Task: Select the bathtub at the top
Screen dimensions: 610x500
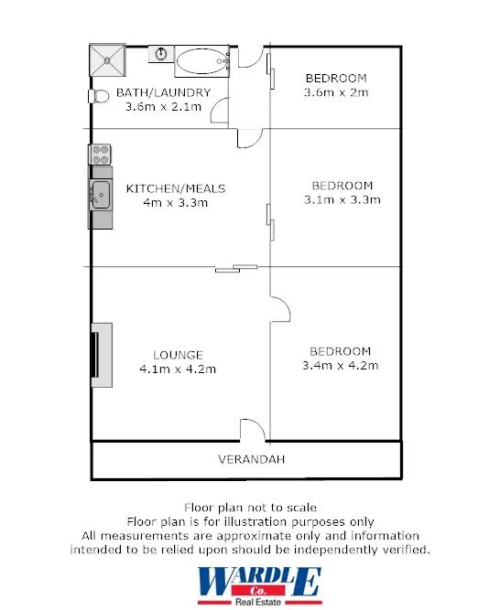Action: click(x=201, y=61)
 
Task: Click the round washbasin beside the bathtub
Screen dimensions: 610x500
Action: click(x=160, y=54)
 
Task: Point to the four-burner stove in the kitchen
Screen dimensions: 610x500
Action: click(x=100, y=154)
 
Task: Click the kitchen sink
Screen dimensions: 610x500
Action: click(x=101, y=194)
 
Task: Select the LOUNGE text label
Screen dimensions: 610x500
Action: click(x=178, y=355)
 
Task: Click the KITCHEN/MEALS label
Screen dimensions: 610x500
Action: click(x=176, y=188)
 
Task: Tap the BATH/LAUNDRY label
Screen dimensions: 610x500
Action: click(x=163, y=92)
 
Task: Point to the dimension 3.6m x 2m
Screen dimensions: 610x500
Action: click(x=335, y=91)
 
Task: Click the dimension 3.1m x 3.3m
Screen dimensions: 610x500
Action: click(x=342, y=198)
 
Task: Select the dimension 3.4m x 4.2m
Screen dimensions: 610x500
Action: click(x=340, y=365)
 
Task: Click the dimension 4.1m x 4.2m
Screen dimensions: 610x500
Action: click(x=178, y=369)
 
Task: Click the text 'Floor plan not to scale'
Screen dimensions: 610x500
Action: click(x=249, y=507)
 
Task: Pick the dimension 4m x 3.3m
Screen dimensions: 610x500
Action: click(x=176, y=202)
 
